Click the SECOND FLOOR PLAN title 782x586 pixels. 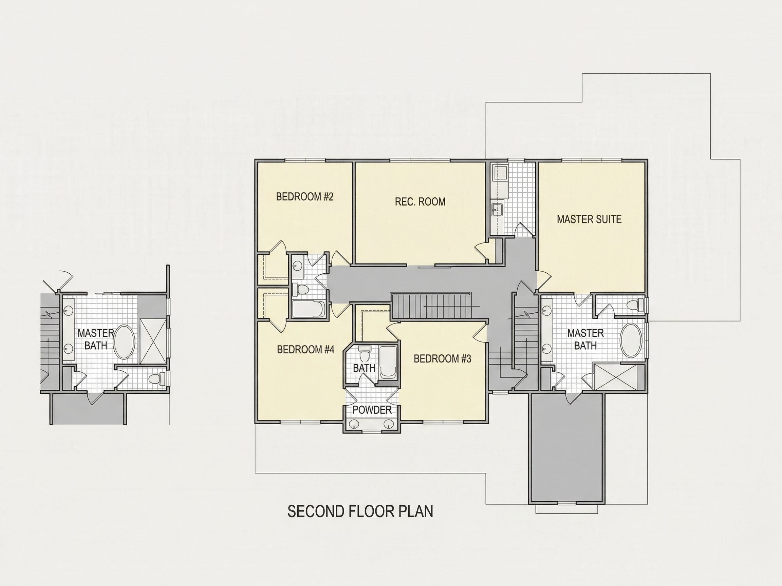pyautogui.click(x=360, y=511)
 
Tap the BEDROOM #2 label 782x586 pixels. pyautogui.click(x=305, y=197)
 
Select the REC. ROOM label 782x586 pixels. pyautogui.click(x=420, y=202)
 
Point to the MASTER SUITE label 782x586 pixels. pyautogui.click(x=589, y=219)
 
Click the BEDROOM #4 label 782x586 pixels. pyautogui.click(x=305, y=350)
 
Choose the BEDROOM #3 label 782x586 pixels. pyautogui.click(x=442, y=359)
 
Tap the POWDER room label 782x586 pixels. pyautogui.click(x=372, y=410)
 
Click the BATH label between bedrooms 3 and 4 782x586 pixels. pyautogui.click(x=364, y=368)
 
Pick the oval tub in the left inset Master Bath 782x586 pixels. pyautogui.click(x=124, y=342)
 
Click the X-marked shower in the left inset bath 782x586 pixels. pyautogui.click(x=153, y=341)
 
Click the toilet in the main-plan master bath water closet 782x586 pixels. pyautogui.click(x=635, y=305)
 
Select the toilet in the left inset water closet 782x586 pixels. pyautogui.click(x=157, y=379)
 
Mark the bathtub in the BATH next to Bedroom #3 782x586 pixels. pyautogui.click(x=388, y=362)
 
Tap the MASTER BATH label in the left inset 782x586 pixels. pyautogui.click(x=96, y=339)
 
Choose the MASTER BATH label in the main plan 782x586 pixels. pyautogui.click(x=585, y=339)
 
